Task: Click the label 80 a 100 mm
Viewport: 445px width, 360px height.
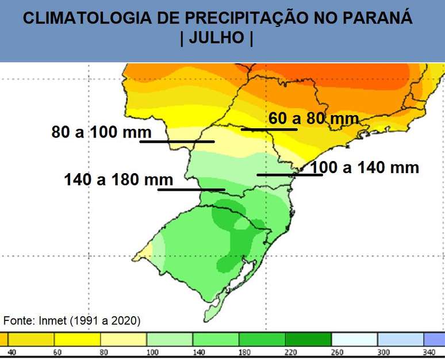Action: pos(101,132)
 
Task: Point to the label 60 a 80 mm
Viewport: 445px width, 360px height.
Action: pos(313,119)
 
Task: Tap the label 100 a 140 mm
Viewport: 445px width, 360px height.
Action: pos(365,168)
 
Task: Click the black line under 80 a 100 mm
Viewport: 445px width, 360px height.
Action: pos(177,141)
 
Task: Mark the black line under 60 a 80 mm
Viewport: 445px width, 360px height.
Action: pos(269,129)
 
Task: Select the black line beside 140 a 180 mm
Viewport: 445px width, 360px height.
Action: pos(191,189)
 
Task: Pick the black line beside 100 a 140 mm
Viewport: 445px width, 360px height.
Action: pos(289,174)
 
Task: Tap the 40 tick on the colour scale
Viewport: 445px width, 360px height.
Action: pos(11,351)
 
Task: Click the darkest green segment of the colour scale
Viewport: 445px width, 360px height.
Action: pos(308,339)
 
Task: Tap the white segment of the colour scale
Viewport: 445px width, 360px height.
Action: pos(354,339)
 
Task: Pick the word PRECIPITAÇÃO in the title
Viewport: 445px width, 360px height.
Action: pos(249,18)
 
